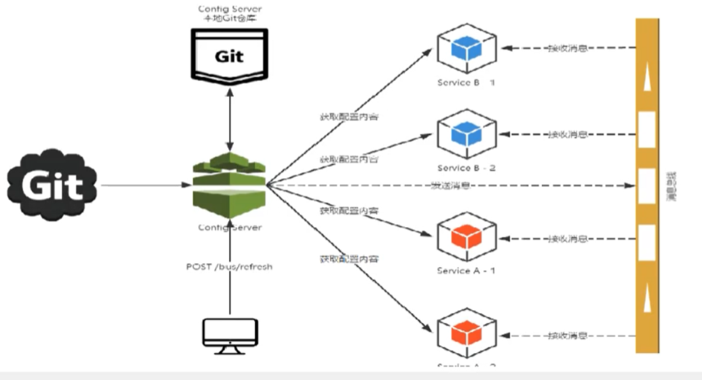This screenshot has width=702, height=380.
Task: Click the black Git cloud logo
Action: point(52,184)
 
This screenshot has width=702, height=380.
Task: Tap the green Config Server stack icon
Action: point(229,184)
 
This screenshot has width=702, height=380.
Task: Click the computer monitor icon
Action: point(229,335)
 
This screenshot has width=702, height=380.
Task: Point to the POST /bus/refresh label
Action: point(229,267)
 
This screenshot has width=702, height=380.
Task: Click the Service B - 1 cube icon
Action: point(466,48)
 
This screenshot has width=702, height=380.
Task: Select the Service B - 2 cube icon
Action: point(466,134)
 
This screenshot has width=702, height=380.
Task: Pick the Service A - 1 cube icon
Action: point(466,237)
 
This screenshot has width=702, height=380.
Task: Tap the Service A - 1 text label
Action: point(466,271)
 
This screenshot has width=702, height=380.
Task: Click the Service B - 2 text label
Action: point(466,168)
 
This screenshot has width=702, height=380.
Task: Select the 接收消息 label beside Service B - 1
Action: point(568,48)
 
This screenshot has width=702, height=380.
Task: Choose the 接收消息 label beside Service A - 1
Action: point(568,238)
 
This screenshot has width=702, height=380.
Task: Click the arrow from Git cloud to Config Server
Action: point(144,185)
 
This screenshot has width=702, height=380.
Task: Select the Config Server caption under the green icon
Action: point(229,227)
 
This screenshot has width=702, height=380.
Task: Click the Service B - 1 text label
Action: point(466,82)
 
